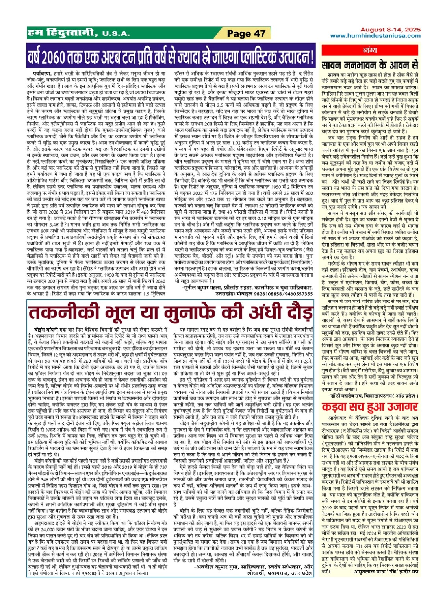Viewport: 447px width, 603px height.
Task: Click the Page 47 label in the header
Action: coord(246,34)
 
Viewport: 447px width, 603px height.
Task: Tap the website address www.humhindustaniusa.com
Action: coord(375,36)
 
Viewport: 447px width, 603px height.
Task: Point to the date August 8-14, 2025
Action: coord(390,30)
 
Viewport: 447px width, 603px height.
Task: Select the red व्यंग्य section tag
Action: coord(375,51)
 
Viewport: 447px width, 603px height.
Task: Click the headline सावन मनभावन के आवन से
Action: coord(370,64)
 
